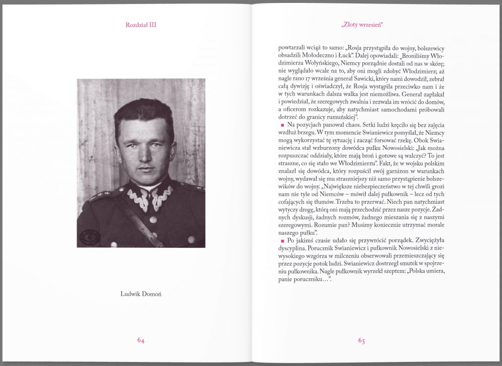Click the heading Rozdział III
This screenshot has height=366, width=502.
point(141,24)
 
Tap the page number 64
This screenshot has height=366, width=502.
point(141,340)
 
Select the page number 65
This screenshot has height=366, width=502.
point(361,341)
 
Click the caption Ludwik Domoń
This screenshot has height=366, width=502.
point(141,294)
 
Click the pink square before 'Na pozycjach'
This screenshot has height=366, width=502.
point(282,126)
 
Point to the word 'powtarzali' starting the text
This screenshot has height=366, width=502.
point(291,48)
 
